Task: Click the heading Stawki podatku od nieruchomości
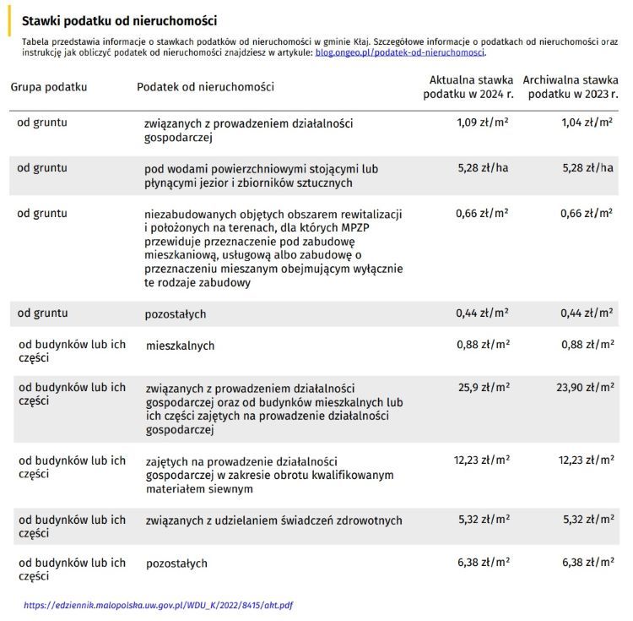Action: tap(118, 20)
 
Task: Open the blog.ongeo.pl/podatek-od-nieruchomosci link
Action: tap(400, 52)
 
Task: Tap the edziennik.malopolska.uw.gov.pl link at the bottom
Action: tap(159, 605)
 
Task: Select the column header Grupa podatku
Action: tap(49, 87)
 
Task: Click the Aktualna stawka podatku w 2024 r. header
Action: tap(468, 87)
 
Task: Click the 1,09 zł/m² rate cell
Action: tap(483, 123)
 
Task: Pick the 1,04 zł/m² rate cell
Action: tap(587, 123)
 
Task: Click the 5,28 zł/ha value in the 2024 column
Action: tap(483, 168)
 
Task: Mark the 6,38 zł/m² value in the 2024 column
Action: tap(483, 562)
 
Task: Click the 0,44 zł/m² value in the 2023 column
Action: tap(587, 313)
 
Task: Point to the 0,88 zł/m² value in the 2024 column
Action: tap(483, 344)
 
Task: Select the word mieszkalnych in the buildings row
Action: tap(180, 346)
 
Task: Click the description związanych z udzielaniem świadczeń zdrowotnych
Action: tap(273, 520)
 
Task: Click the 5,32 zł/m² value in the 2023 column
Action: tap(587, 520)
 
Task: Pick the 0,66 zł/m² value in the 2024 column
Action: tap(483, 213)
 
